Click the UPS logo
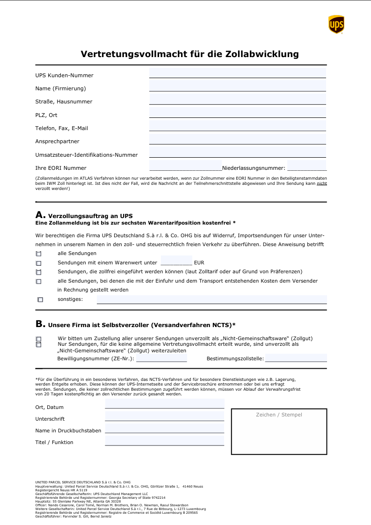click(336, 24)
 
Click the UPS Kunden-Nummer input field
click(237, 73)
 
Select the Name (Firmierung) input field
click(237, 86)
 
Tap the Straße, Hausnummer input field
click(237, 99)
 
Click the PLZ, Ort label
click(46, 115)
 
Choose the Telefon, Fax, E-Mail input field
click(237, 126)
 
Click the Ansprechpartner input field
click(237, 139)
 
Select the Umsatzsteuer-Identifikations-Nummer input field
click(237, 153)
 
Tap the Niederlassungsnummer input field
click(306, 166)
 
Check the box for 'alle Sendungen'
click(38, 254)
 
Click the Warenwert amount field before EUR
click(176, 261)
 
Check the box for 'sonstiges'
click(40, 299)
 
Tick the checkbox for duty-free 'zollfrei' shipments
click(38, 272)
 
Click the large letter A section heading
click(40, 215)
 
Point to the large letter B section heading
click(40, 324)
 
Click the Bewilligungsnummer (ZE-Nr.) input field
click(161, 358)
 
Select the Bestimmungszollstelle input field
click(296, 358)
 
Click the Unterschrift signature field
click(164, 417)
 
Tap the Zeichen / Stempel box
click(279, 431)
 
